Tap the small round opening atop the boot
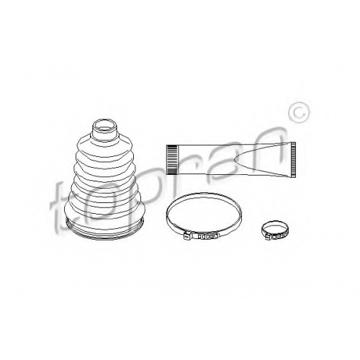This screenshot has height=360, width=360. coord(105,125)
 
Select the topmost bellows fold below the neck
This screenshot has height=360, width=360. coord(105,145)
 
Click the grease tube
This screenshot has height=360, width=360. coord(231,160)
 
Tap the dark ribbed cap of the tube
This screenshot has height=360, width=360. coord(172,160)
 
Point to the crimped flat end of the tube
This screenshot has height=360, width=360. coord(293,160)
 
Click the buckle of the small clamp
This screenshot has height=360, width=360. coord(269,236)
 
